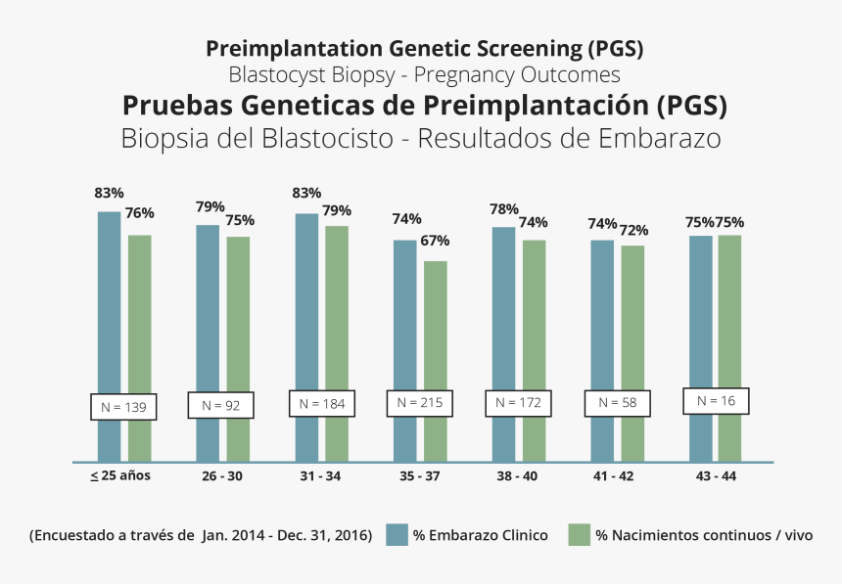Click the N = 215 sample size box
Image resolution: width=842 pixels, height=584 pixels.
coord(420,403)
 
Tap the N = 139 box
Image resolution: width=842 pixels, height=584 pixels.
coord(124,406)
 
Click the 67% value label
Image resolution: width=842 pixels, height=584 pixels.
coord(436,241)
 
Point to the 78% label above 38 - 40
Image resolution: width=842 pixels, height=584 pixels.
coord(503,208)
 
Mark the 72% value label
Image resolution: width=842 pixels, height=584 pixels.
coord(632,230)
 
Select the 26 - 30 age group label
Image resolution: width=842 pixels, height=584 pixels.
coord(221,476)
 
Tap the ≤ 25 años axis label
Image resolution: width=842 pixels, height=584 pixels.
coord(121,476)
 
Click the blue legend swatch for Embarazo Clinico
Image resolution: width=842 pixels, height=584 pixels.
coord(397,535)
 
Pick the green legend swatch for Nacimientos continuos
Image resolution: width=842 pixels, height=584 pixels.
coord(580,535)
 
